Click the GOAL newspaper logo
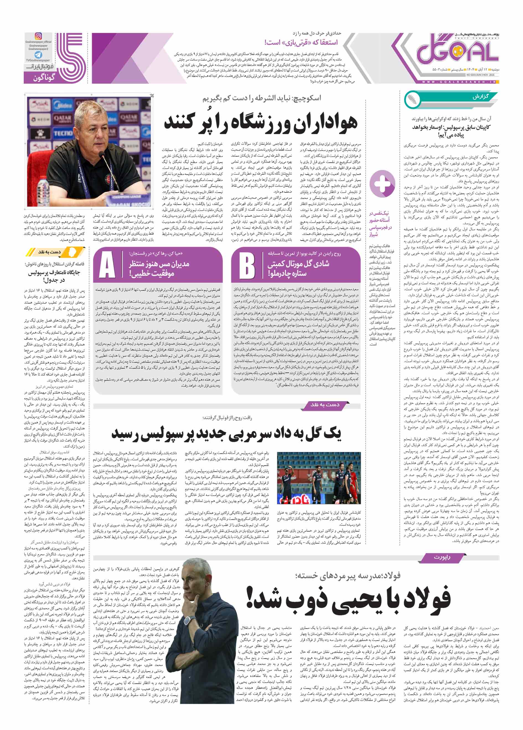(x=457, y=51)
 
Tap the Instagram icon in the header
(x=38, y=36)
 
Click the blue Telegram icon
(x=38, y=55)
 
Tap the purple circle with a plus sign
(x=382, y=184)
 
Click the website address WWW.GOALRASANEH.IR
(x=458, y=82)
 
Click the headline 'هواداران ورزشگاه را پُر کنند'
(x=261, y=122)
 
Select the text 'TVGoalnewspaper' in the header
(x=38, y=60)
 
